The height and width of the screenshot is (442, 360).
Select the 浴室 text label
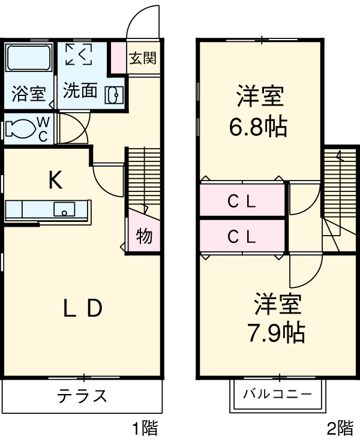28,94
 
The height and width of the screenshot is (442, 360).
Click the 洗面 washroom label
80,91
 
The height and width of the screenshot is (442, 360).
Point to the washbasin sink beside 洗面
114,94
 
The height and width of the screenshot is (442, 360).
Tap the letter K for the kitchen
55,180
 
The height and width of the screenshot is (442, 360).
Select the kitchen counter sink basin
64,209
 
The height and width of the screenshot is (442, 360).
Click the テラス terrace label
82,396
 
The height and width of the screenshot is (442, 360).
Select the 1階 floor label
145,428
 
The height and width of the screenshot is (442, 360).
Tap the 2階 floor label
340,428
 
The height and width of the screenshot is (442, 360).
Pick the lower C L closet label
242,237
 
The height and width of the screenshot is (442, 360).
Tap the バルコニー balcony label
277,395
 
